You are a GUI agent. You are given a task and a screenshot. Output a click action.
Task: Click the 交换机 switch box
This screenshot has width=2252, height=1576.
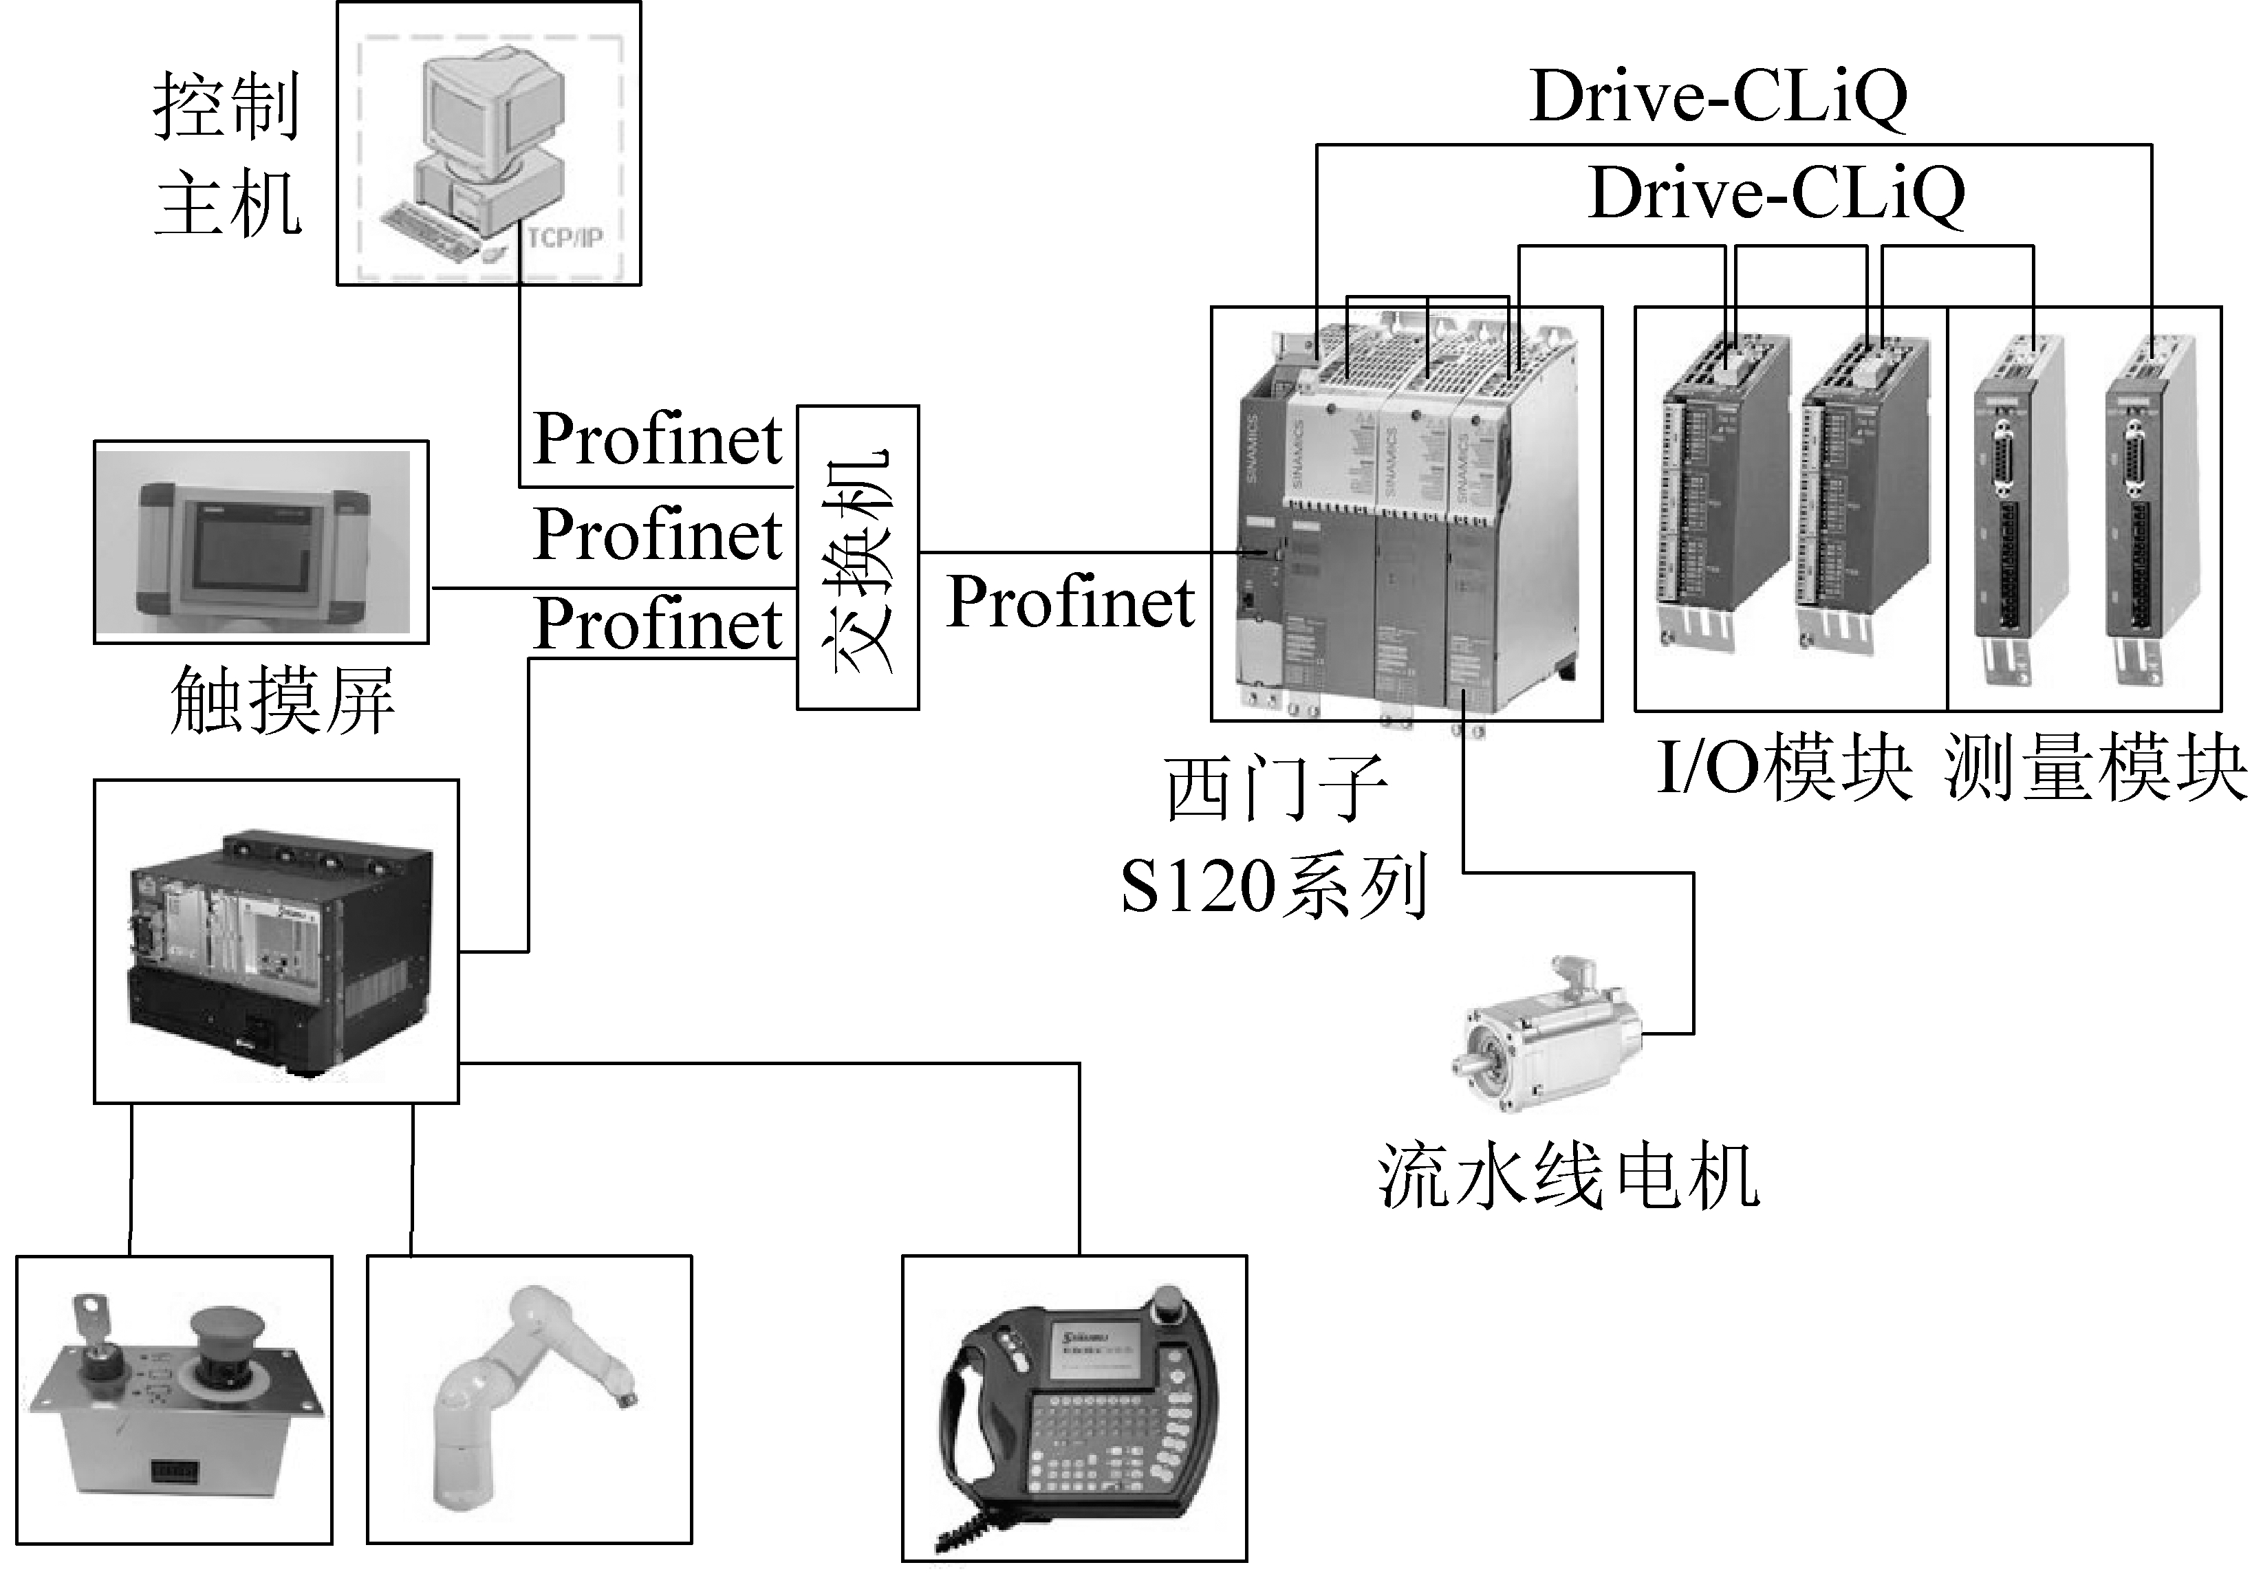[857, 557]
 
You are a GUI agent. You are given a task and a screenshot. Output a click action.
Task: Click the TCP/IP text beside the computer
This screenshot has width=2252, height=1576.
[564, 237]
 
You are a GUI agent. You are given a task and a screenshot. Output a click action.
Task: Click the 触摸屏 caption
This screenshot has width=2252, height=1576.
[283, 700]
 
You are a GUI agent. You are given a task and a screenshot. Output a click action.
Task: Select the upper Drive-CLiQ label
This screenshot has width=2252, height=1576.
[1718, 97]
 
